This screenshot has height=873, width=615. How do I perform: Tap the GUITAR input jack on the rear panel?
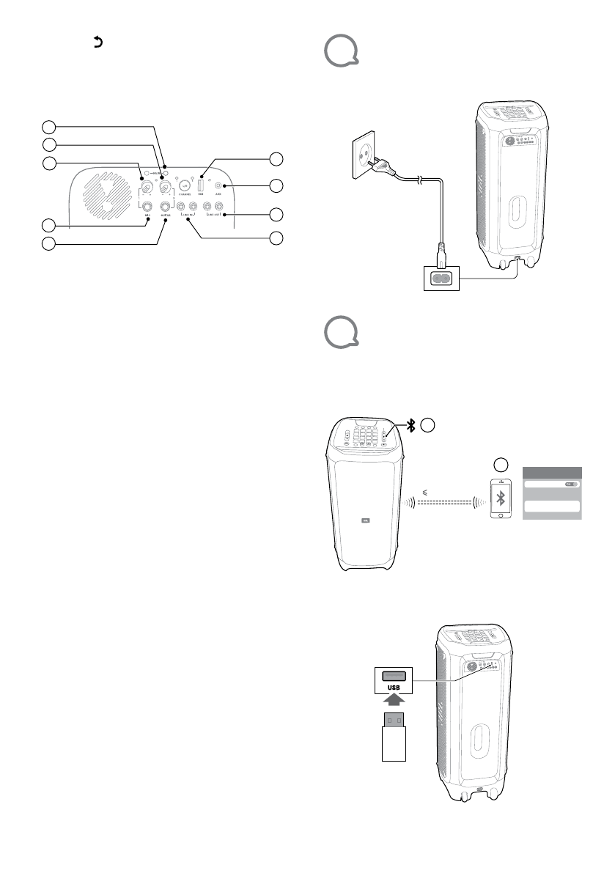tap(166, 207)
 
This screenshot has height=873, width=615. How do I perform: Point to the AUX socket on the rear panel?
tap(218, 186)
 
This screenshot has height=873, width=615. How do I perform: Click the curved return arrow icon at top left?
tap(96, 43)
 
